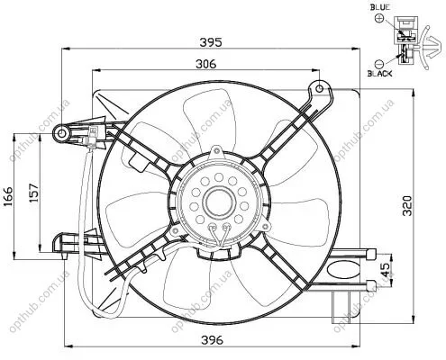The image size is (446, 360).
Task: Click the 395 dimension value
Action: (211, 42)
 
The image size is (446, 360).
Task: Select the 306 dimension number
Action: (205, 64)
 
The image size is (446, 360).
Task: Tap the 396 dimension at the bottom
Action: (212, 340)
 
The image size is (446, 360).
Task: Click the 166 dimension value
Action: (8, 196)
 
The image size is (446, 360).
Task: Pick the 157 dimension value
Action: (34, 192)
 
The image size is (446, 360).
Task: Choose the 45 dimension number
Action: (387, 269)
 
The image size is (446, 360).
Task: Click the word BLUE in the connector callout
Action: (380, 7)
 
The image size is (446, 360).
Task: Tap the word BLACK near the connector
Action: (379, 73)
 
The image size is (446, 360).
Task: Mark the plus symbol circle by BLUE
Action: (379, 18)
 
